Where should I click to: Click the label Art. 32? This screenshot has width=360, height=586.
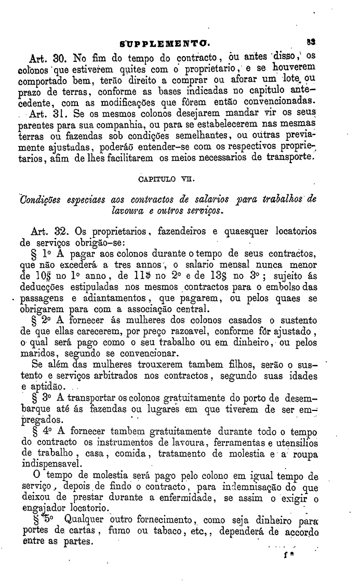(44, 231)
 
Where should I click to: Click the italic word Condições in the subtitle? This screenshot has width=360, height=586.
(41, 201)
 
